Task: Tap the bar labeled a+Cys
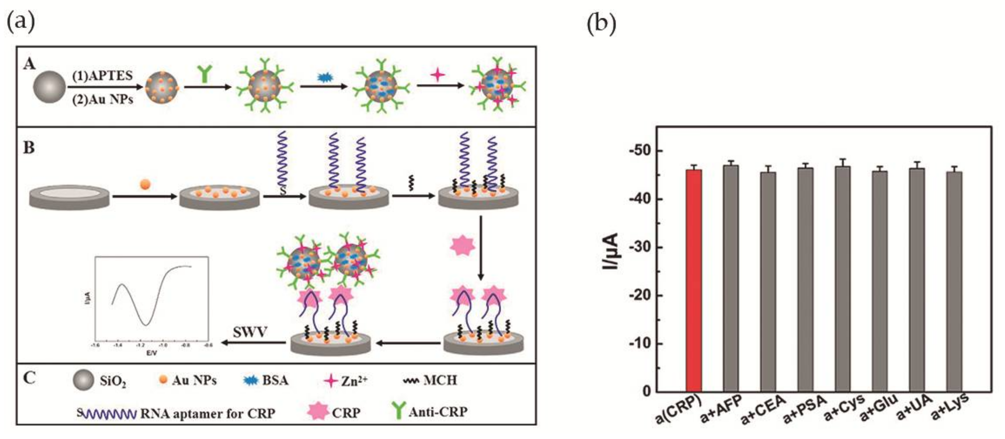843,279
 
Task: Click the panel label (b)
601,24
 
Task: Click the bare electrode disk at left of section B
69,197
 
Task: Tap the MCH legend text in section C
440,380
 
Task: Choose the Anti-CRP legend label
438,412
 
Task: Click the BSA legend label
275,380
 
